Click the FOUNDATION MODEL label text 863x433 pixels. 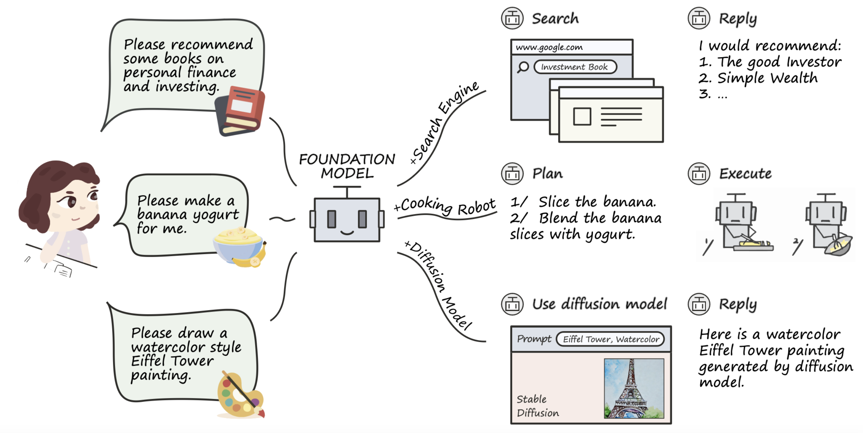pyautogui.click(x=347, y=166)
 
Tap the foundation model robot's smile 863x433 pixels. pyautogui.click(x=347, y=233)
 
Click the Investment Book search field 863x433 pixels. pyautogui.click(x=575, y=67)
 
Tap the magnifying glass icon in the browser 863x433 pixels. pyautogui.click(x=523, y=67)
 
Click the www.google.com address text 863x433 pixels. pyautogui.click(x=549, y=47)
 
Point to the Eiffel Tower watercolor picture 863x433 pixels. pyautogui.click(x=634, y=388)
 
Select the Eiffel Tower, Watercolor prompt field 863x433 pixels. pyautogui.click(x=610, y=339)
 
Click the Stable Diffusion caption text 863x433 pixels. pyautogui.click(x=537, y=406)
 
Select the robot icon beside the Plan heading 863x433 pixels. pyautogui.click(x=512, y=174)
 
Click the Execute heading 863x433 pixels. pyautogui.click(x=745, y=174)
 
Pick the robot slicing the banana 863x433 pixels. pyautogui.click(x=740, y=225)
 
